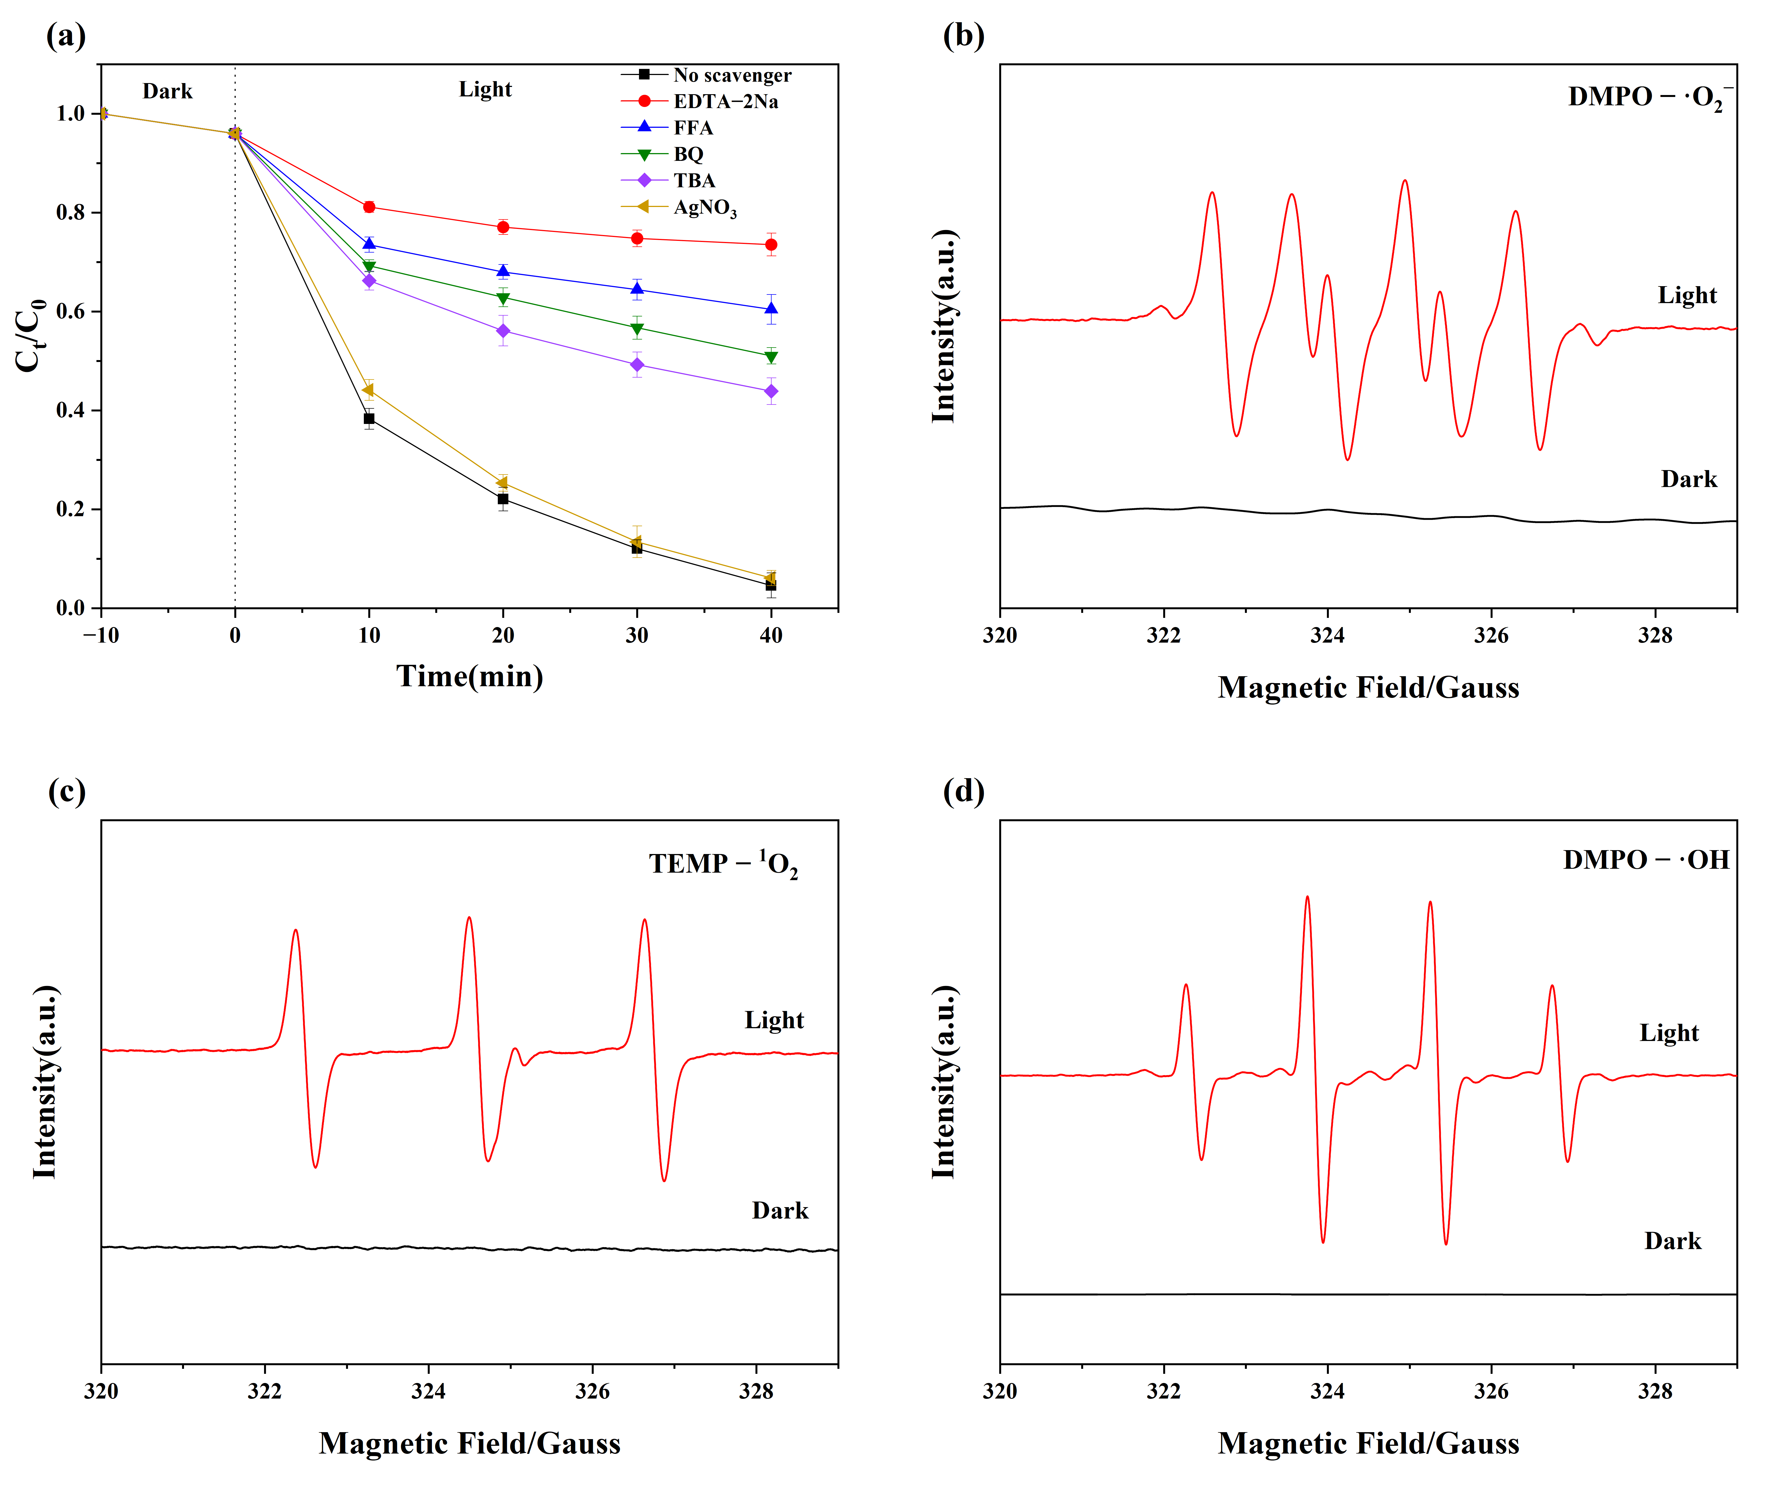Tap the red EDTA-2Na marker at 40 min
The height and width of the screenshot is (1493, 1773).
770,244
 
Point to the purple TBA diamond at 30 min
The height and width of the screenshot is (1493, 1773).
637,365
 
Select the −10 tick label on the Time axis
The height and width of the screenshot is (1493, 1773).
101,635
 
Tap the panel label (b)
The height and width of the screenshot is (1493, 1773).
964,36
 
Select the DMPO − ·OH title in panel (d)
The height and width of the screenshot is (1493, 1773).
1645,860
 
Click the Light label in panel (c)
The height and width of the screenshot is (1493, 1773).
774,1020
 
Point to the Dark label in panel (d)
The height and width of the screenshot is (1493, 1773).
1672,1241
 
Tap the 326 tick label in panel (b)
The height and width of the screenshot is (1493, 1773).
1491,635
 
